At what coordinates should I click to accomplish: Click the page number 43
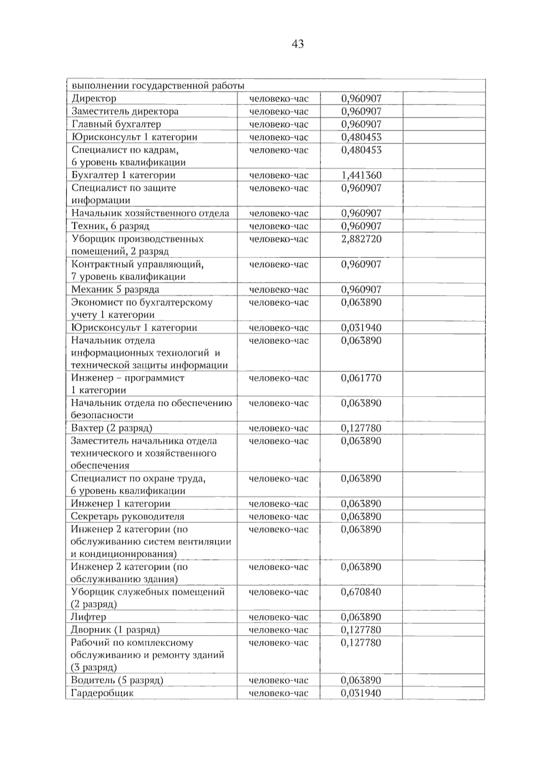tap(297, 44)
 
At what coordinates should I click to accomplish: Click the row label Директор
tap(94, 99)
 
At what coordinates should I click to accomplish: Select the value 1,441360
tap(361, 175)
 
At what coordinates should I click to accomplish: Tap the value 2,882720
tap(361, 239)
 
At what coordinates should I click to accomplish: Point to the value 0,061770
tap(361, 378)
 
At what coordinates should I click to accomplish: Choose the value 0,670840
tap(361, 592)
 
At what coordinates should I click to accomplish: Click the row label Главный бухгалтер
tap(116, 124)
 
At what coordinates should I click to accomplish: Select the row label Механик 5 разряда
tap(115, 290)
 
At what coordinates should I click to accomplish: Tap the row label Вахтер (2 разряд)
tap(112, 428)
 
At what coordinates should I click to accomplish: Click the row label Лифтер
tap(88, 617)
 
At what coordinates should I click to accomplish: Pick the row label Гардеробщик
tap(102, 693)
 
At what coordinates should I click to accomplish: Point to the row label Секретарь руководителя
tap(127, 517)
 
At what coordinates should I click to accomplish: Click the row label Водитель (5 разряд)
tap(117, 680)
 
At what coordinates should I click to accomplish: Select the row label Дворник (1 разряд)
tap(115, 630)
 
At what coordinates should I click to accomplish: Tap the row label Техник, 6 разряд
tap(110, 226)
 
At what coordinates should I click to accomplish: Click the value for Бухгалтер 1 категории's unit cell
tap(279, 175)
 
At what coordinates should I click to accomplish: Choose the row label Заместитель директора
tap(125, 112)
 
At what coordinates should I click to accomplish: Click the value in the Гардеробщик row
tap(361, 693)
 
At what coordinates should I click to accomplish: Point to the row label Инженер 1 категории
tap(121, 504)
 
